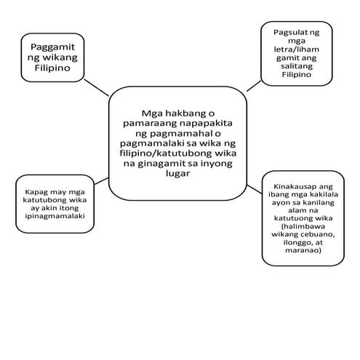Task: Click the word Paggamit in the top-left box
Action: tap(52, 47)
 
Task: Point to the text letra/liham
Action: tap(296, 49)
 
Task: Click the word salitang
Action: tap(297, 66)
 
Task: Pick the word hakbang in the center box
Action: tap(183, 113)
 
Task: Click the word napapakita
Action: tap(206, 123)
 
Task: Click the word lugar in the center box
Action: tap(177, 174)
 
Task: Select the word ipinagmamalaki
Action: tap(55, 216)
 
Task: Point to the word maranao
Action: tap(302, 250)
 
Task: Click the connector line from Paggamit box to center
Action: tap(96, 87)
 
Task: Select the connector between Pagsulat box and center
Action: tap(254, 86)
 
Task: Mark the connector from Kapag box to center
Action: tap(101, 181)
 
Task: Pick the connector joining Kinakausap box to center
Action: tap(255, 189)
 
